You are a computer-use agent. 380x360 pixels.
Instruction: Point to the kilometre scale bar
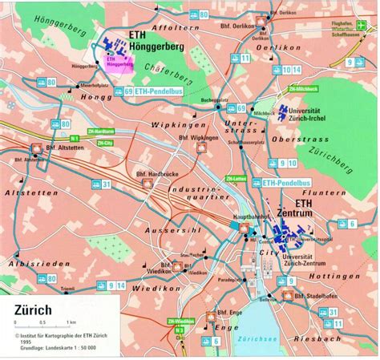(32, 322)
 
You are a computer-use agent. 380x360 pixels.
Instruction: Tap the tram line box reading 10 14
(292, 70)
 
